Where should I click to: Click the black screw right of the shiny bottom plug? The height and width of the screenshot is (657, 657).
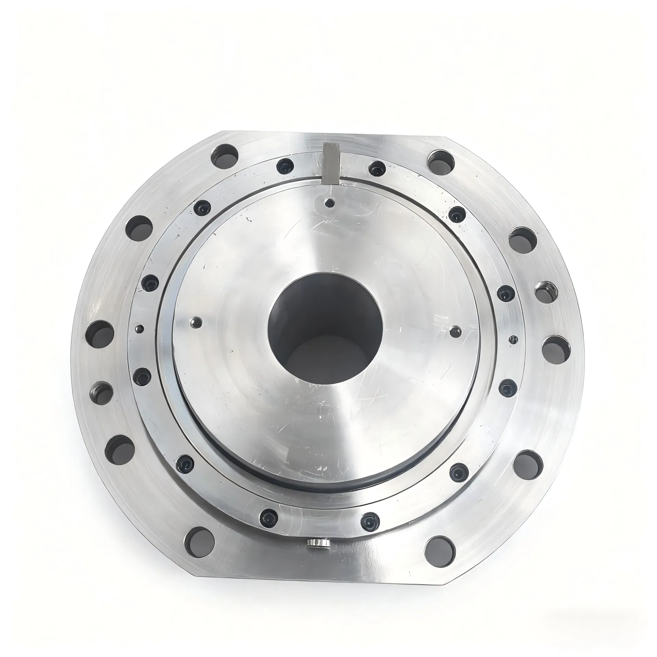(x=370, y=513)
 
